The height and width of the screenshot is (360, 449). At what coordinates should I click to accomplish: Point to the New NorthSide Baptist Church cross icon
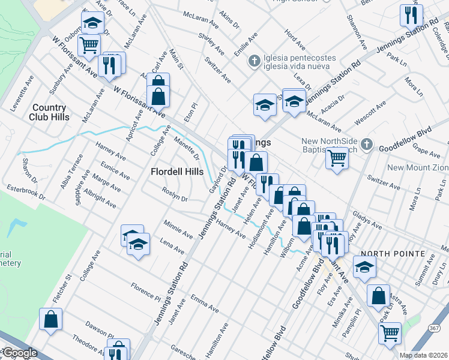click(369, 145)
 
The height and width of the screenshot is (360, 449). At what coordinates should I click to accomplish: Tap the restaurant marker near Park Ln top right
click(411, 16)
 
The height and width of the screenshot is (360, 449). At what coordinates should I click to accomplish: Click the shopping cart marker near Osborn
click(89, 44)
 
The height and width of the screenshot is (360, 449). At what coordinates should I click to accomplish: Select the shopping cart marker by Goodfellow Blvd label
click(337, 159)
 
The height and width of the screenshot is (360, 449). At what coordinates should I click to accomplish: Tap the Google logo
click(20, 353)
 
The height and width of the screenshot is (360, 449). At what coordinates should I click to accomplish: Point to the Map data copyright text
click(424, 355)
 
